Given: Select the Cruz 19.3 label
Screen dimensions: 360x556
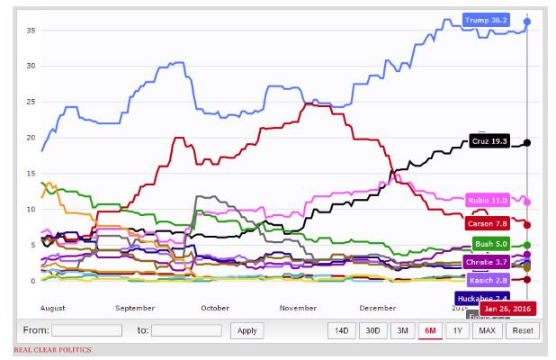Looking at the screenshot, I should [489, 142].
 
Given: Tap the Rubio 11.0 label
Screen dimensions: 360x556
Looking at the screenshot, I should [488, 200].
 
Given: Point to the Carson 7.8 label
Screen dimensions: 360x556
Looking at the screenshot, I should [489, 223].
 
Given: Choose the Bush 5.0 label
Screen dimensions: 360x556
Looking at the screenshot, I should [491, 244].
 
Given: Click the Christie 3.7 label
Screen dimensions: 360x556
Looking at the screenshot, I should [488, 262].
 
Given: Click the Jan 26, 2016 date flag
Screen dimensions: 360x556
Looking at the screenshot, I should [508, 309].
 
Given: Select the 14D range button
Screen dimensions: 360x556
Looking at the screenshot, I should [342, 330].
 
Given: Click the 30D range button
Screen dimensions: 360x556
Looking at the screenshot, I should [372, 330].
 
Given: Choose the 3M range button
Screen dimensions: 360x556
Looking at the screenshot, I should [402, 330].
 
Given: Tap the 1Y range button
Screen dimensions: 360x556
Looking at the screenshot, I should [459, 330].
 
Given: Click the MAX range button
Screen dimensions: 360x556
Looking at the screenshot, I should [487, 330].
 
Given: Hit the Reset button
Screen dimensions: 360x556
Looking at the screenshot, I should [522, 330].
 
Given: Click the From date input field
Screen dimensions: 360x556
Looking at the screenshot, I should [87, 330].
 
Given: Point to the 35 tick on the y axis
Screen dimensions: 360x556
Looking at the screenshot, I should [31, 30].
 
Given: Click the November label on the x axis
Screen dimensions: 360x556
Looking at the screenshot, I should [298, 308].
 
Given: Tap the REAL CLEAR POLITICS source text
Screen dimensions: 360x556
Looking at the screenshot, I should [51, 349].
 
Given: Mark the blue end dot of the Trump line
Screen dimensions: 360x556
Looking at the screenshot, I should [527, 21].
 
